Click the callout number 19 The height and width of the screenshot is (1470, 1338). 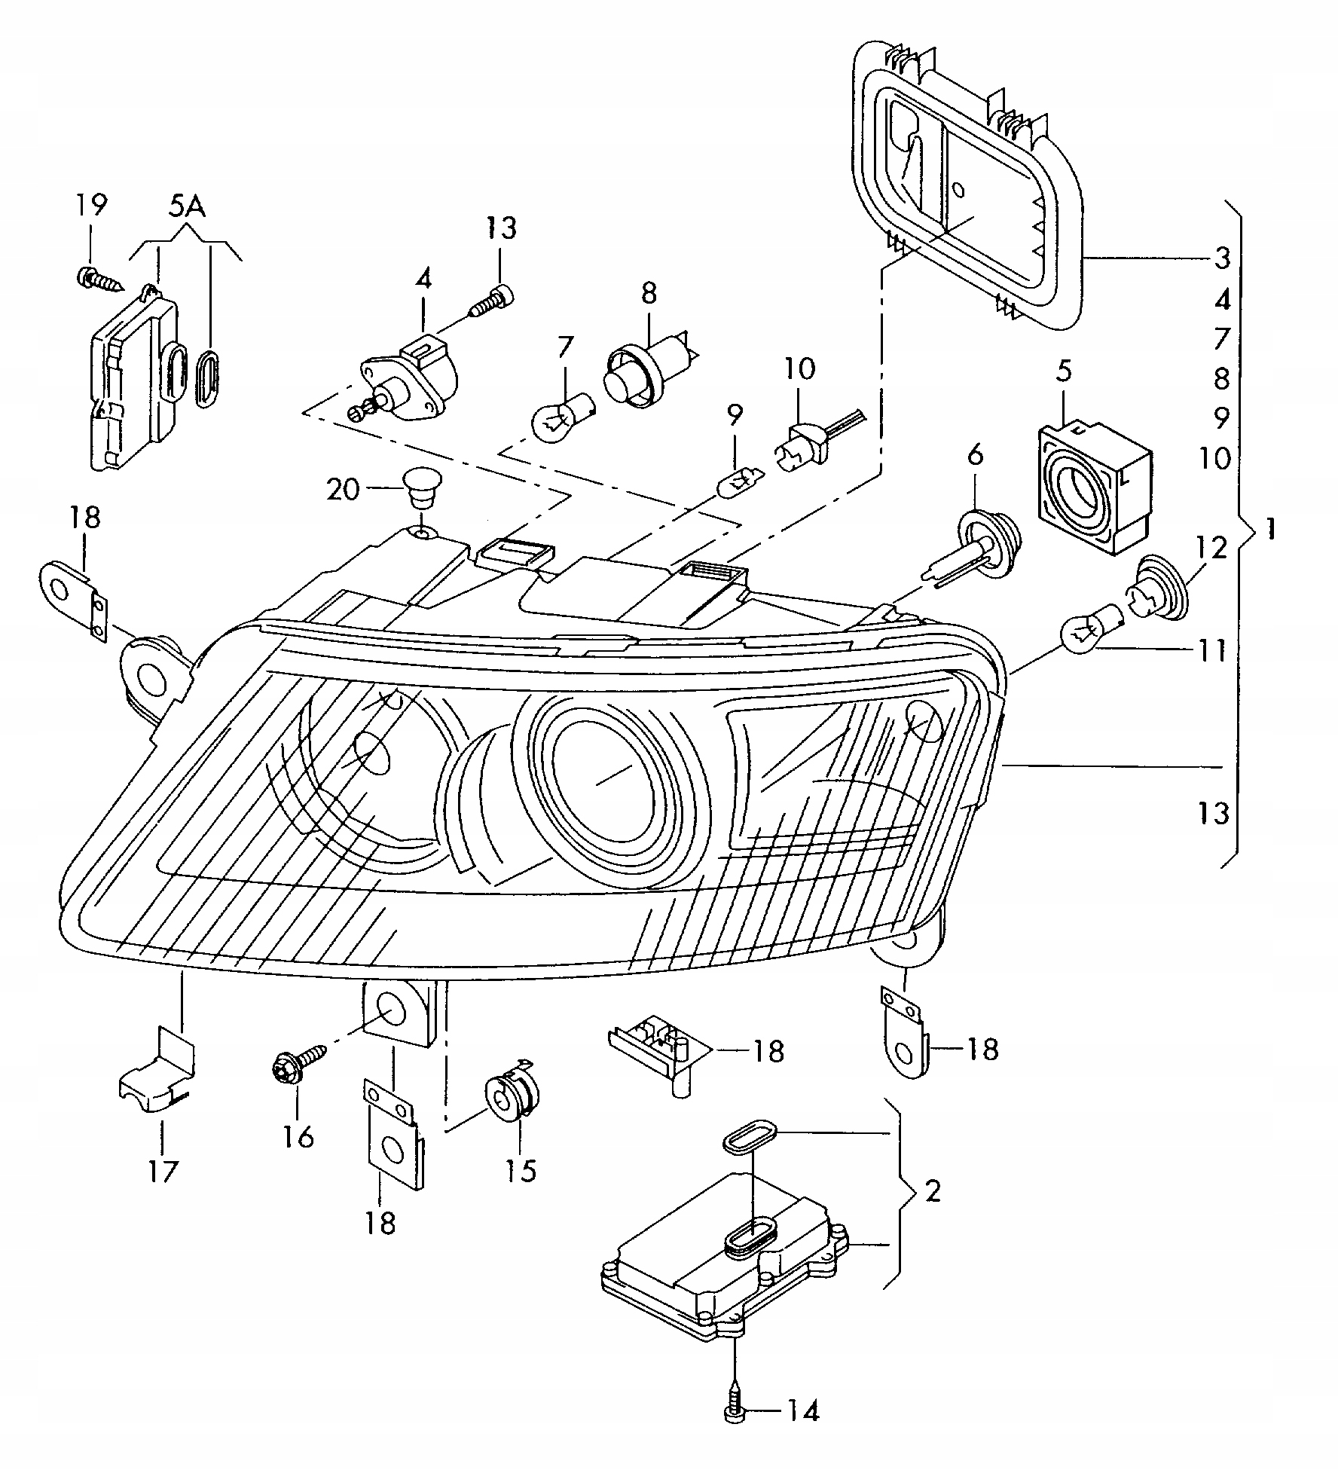90,204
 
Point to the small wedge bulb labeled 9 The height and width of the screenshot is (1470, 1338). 741,479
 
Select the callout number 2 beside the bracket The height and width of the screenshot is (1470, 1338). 933,1192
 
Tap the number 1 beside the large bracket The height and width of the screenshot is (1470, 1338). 1271,530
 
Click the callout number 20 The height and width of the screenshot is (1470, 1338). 344,491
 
